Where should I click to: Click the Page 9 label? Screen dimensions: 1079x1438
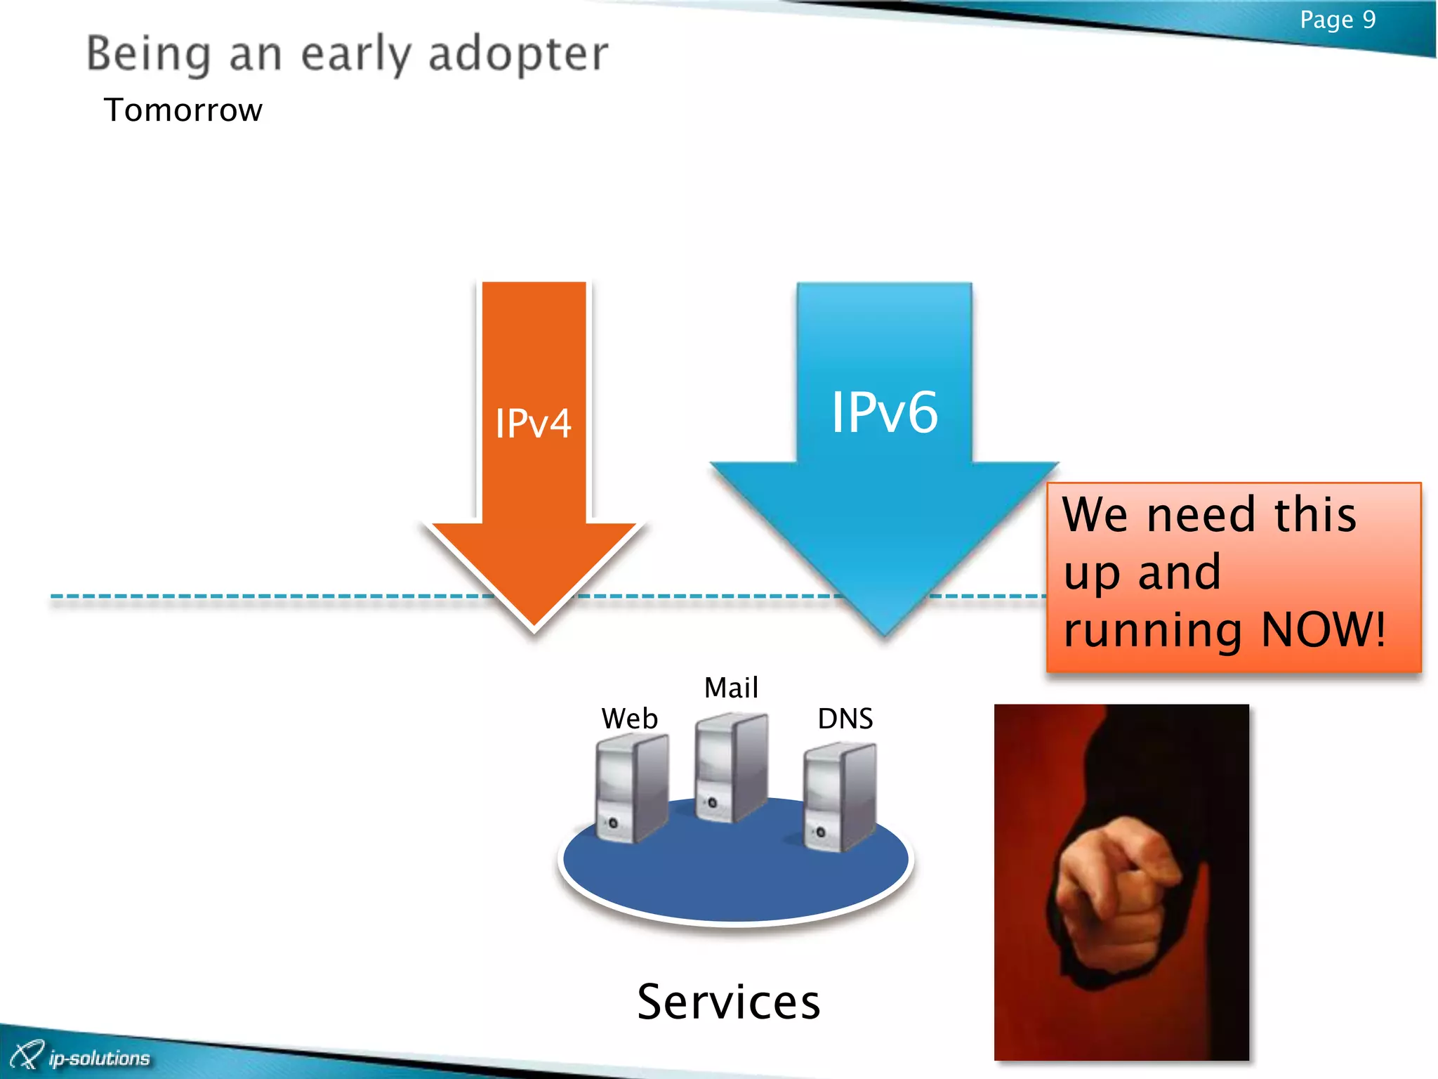[1337, 20]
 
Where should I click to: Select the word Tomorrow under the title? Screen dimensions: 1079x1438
[183, 110]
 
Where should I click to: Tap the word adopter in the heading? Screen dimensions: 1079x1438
[518, 54]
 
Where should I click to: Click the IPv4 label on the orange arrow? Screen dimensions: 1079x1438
[533, 424]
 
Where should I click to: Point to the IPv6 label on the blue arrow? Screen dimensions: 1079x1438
[884, 412]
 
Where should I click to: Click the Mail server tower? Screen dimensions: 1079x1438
[730, 767]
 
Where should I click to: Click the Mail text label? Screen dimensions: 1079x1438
[731, 688]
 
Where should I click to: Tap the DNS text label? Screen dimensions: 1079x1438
[845, 719]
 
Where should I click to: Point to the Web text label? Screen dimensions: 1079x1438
[629, 719]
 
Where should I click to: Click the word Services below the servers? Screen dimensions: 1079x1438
[728, 1002]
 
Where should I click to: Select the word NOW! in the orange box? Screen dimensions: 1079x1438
[1323, 629]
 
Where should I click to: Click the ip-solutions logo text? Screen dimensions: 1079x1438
[99, 1058]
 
